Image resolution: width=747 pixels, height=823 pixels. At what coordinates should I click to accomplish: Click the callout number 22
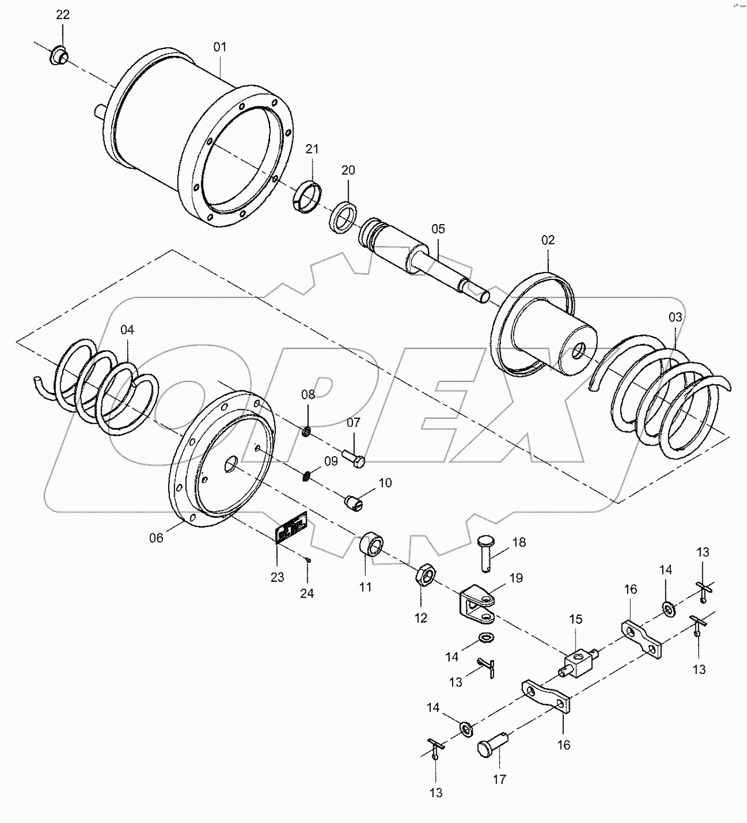coord(63,15)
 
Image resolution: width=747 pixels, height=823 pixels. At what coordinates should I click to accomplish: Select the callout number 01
coord(220,47)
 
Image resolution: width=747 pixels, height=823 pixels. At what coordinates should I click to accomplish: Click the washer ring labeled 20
coord(342,216)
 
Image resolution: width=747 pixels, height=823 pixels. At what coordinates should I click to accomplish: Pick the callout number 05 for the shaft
coord(438,229)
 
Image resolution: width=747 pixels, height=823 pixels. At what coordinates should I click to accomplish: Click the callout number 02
coord(548,240)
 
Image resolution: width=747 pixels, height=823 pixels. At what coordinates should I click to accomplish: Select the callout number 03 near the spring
coord(675,317)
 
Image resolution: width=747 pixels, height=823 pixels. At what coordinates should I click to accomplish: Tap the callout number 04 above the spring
coord(127,330)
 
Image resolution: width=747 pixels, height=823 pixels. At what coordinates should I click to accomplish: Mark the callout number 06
coord(156,538)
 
